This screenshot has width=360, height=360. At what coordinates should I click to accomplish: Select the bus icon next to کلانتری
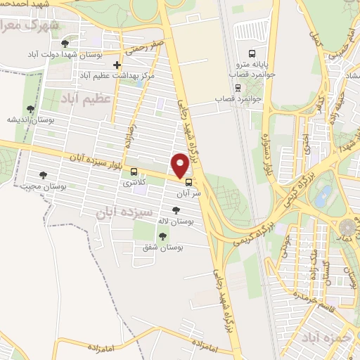(x=134, y=171)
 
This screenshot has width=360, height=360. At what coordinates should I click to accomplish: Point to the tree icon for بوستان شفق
(x=162, y=236)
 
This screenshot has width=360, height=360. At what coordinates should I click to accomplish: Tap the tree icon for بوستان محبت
(x=44, y=175)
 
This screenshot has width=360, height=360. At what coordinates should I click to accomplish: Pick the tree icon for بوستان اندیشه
(x=30, y=109)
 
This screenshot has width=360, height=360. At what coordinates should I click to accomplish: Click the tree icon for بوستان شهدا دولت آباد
(x=65, y=43)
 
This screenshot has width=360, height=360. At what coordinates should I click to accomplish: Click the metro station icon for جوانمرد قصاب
(x=238, y=88)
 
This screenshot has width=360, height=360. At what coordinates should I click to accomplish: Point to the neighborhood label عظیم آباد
(x=86, y=98)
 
